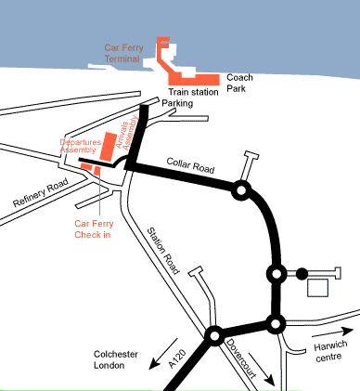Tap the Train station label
(192, 91)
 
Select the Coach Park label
(239, 84)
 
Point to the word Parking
(177, 103)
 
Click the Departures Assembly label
(77, 144)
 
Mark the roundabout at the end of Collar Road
(241, 190)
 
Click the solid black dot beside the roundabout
(301, 274)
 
